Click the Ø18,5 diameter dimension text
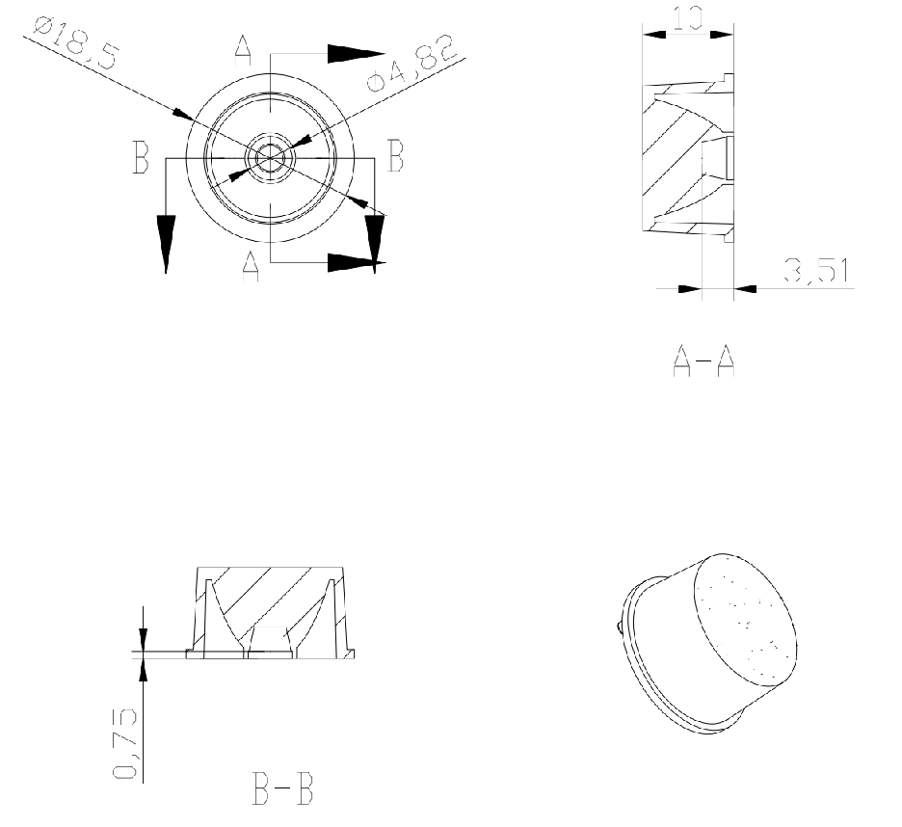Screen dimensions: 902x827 [x=76, y=43]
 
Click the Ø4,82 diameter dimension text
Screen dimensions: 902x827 [x=411, y=64]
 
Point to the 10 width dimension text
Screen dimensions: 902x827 [x=688, y=18]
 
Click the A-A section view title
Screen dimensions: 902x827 [x=703, y=360]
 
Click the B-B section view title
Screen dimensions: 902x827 [x=283, y=788]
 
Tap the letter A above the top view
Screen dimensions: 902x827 [x=244, y=51]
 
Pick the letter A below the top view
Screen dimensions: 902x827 [x=251, y=266]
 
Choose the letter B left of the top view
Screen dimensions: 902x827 [x=141, y=156]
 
